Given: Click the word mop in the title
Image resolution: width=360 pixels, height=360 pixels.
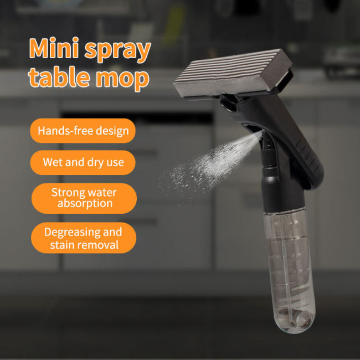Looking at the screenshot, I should [x=124, y=79].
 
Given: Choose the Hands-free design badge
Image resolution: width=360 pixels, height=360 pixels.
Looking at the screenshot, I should [x=83, y=131].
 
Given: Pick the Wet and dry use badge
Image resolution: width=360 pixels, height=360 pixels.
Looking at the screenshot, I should [x=83, y=163].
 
